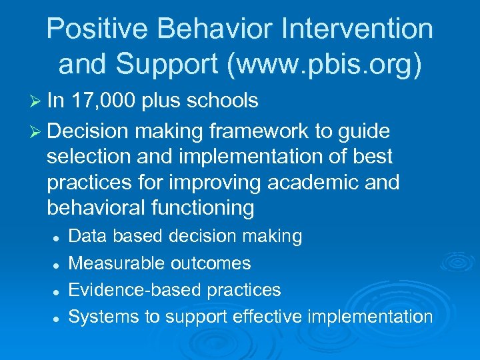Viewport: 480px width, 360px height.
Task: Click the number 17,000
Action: click(107, 101)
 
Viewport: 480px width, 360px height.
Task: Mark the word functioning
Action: click(203, 209)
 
